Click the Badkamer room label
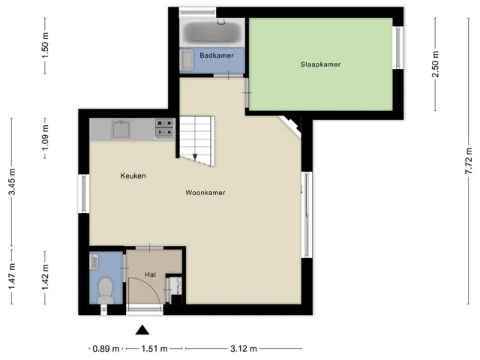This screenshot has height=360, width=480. (x=217, y=55)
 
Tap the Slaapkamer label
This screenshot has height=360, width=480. (x=320, y=64)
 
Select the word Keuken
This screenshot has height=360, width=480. (x=133, y=175)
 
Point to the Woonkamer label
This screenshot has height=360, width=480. (x=205, y=193)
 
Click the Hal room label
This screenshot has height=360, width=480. (x=150, y=274)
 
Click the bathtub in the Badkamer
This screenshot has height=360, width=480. (x=212, y=32)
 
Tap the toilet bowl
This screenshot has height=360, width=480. (x=105, y=289)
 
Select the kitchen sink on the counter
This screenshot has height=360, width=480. (x=121, y=129)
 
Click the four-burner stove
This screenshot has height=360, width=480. (x=164, y=128)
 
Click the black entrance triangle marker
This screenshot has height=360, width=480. (x=142, y=330)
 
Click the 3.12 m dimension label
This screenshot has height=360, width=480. (x=244, y=348)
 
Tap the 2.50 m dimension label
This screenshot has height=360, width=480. (x=436, y=64)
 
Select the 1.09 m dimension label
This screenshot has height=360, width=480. (x=45, y=138)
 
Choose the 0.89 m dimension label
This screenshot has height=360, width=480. (x=106, y=348)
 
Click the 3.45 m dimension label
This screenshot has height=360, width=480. (x=12, y=181)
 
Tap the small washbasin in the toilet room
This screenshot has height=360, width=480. (x=94, y=262)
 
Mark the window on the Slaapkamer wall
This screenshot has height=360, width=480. (x=398, y=48)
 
